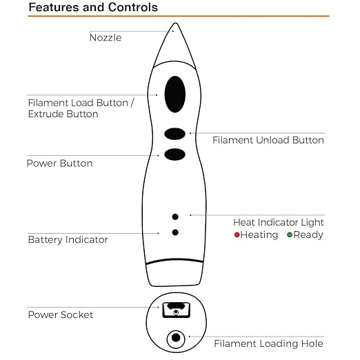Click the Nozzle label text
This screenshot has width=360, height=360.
(x=106, y=38)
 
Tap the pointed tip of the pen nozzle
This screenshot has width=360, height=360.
(x=175, y=23)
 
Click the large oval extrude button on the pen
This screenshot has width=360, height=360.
(x=175, y=94)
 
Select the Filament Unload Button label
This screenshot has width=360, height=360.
(x=268, y=140)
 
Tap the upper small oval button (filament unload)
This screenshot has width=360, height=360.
(x=174, y=134)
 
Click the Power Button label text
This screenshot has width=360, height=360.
(x=59, y=163)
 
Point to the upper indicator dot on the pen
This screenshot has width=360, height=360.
(x=175, y=217)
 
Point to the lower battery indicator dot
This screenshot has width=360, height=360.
(x=175, y=232)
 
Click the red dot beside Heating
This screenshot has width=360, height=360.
(x=237, y=235)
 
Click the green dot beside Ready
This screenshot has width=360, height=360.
(x=290, y=235)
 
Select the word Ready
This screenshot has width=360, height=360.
(x=308, y=235)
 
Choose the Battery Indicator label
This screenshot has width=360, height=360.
(x=68, y=239)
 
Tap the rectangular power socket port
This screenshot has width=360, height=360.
(x=177, y=310)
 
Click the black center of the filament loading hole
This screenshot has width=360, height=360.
(x=176, y=338)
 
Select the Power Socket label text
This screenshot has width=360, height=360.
(x=61, y=314)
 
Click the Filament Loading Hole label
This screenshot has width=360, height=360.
(x=268, y=343)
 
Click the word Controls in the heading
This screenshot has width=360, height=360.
(x=133, y=7)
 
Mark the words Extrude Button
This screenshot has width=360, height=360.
(x=63, y=114)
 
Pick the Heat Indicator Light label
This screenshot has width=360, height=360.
(x=278, y=222)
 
